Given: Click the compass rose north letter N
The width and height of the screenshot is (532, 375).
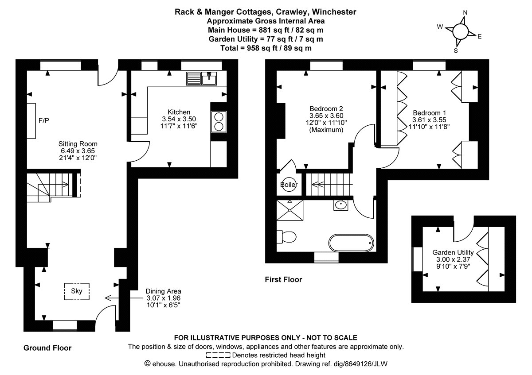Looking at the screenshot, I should tap(465, 12).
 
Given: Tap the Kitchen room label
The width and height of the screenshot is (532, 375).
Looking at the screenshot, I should tap(179, 112).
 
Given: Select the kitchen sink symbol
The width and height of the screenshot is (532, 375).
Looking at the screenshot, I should tap(202, 79).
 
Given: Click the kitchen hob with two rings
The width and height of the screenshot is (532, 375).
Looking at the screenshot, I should tap(219, 122).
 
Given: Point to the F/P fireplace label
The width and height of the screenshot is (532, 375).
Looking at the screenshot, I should tap(44, 120).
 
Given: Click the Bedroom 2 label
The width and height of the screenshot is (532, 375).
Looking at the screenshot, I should tap(326, 108).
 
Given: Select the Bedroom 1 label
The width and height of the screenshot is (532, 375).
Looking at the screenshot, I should tap(429, 112).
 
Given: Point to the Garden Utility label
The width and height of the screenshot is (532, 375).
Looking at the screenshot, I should tap(453, 252).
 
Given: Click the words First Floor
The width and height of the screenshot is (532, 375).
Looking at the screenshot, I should tap(283, 279).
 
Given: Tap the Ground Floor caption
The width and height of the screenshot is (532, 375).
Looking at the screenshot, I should tap(47, 348).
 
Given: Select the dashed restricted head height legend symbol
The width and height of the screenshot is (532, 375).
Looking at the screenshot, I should tap(218, 355).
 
